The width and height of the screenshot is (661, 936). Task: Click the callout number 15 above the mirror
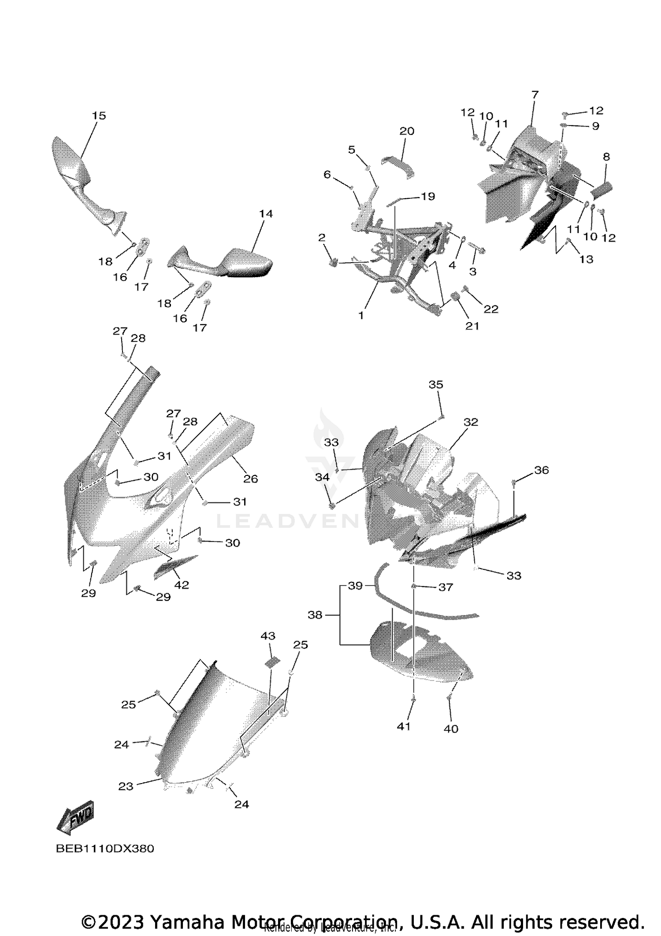99,115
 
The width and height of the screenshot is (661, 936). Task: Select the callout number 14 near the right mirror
266,214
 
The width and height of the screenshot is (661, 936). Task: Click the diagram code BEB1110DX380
105,849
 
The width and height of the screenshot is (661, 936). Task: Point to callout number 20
407,131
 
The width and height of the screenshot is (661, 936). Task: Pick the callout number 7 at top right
535,94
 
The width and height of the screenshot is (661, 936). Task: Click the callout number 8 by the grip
606,156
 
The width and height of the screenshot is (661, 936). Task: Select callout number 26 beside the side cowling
250,479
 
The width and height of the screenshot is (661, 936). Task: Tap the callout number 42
182,585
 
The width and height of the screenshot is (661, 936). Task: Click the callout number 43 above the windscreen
268,635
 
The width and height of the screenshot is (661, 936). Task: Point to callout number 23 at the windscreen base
126,786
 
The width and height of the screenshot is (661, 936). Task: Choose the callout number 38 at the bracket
315,614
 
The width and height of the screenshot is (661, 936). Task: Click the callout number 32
471,422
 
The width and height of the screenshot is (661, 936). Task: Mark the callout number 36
542,470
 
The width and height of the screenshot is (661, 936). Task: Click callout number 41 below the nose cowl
404,727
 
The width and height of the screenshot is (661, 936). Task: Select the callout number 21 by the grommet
472,326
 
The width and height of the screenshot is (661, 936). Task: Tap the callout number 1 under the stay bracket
361,316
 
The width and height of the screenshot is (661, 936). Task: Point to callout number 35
436,384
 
